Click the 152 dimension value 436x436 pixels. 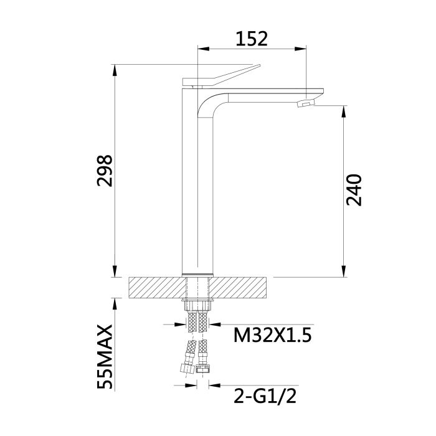252,39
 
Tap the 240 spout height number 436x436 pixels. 353,190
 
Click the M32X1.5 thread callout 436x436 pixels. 272,336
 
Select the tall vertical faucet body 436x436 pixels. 197,187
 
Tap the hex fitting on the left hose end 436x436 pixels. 186,367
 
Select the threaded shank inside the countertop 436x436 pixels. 197,288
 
